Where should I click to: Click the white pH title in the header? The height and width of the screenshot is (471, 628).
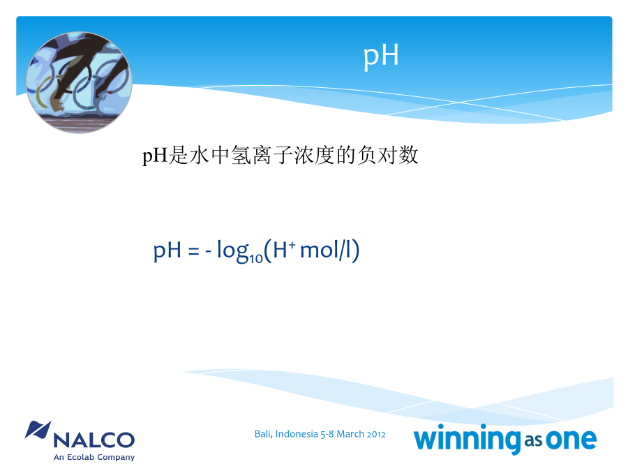[x=381, y=56]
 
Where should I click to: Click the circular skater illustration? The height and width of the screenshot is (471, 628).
[x=79, y=82]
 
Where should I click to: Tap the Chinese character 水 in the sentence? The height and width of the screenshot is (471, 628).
[x=199, y=155]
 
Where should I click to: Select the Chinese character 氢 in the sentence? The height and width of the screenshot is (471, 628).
[x=241, y=155]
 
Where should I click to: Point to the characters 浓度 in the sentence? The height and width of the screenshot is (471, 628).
[x=314, y=155]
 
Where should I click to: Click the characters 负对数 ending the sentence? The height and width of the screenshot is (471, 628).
[x=388, y=155]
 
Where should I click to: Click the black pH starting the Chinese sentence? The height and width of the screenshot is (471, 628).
[x=155, y=156]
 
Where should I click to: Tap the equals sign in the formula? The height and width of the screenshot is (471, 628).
[x=193, y=251]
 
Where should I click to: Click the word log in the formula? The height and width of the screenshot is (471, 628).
[x=233, y=251]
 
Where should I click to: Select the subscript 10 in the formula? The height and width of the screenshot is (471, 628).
[x=256, y=258]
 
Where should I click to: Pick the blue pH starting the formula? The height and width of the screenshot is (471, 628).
[x=167, y=251]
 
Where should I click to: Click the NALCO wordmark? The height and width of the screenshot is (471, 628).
[x=94, y=440]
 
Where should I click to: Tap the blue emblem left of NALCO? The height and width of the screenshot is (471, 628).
[x=38, y=430]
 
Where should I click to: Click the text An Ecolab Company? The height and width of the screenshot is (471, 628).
[x=94, y=457]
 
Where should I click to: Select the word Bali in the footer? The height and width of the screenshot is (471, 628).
[x=264, y=434]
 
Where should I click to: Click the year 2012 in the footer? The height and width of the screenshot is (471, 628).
[x=376, y=435]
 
